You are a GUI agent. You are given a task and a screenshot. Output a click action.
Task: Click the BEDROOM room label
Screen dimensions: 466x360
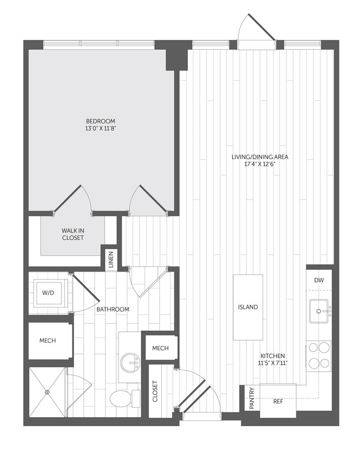100,121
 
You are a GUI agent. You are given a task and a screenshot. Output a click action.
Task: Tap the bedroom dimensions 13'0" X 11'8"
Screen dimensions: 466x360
100,129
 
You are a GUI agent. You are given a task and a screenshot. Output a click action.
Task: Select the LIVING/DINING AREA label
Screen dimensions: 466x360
260,157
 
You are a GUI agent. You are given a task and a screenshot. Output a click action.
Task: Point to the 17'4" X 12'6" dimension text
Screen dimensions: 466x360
260,164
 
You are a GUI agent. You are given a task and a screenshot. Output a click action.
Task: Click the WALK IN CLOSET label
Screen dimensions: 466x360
73,234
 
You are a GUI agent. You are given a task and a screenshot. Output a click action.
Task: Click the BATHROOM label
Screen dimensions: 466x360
112,309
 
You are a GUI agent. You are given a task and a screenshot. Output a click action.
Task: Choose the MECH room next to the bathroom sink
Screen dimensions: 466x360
160,348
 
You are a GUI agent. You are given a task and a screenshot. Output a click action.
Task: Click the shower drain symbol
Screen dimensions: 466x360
48,392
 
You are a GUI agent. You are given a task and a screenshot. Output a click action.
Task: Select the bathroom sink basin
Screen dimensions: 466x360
131,363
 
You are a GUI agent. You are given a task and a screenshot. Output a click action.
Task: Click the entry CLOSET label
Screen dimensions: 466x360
155,391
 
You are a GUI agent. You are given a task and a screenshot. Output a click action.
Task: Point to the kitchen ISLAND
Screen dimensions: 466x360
248,307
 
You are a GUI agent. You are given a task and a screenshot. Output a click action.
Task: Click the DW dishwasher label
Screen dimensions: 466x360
318,281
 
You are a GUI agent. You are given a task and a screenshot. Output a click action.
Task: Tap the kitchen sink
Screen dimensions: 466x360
318,311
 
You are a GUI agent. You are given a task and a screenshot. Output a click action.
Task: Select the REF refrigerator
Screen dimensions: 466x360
278,400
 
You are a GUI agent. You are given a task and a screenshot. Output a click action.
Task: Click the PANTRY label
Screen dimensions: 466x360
252,398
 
